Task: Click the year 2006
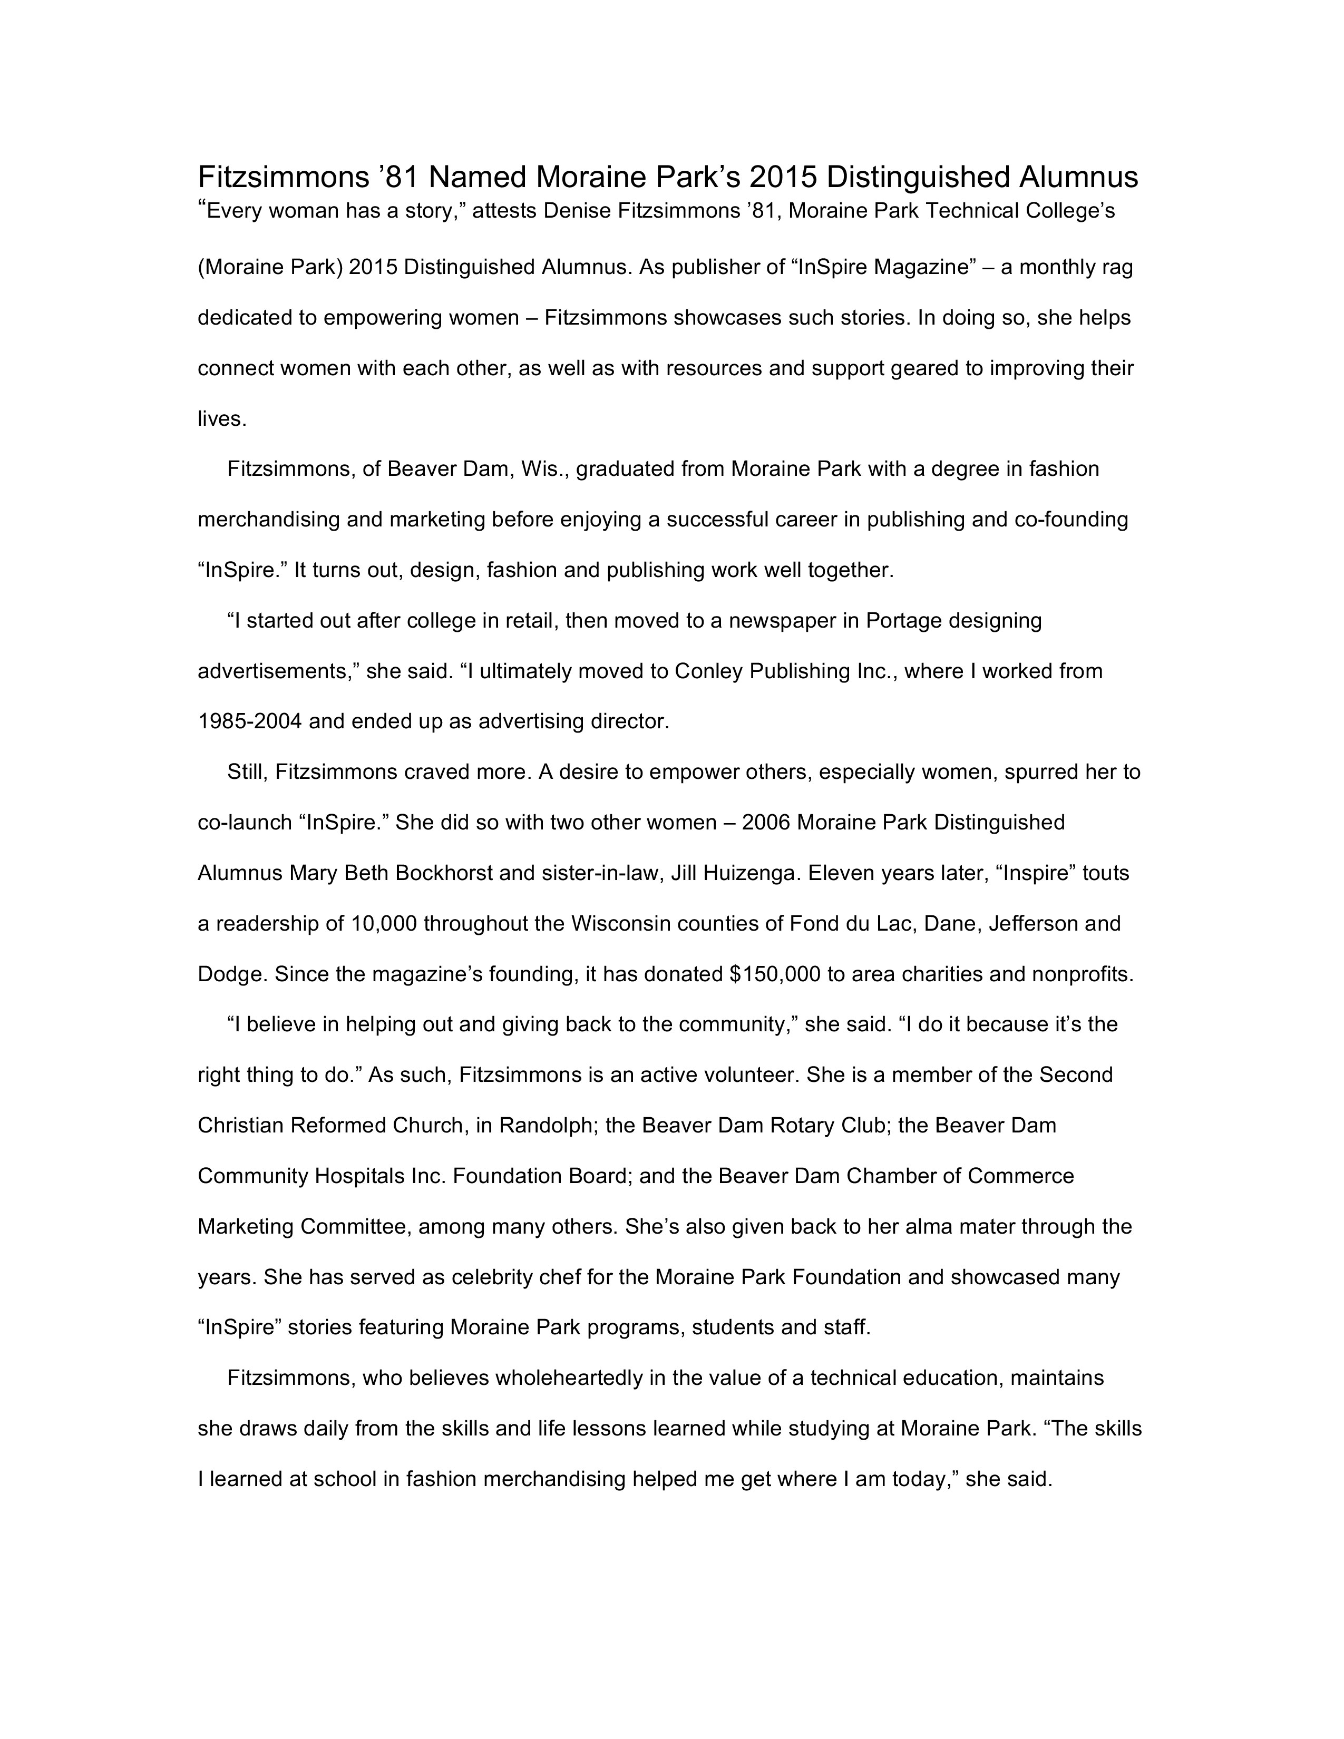[765, 823]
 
